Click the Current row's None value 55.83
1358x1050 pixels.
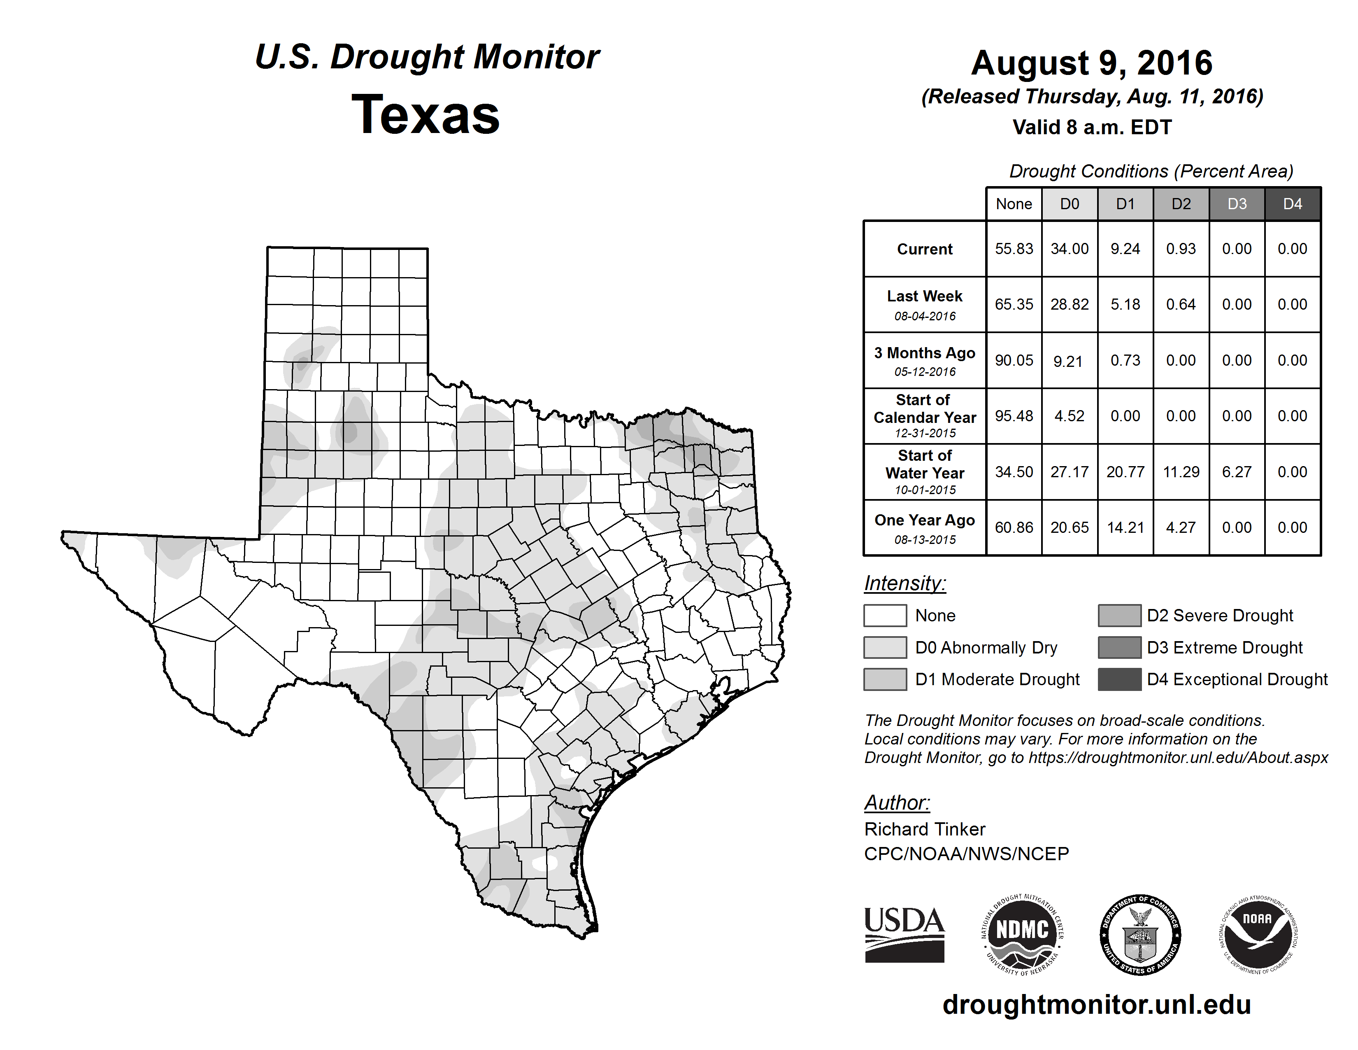point(1014,249)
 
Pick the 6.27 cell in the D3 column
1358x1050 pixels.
point(1236,472)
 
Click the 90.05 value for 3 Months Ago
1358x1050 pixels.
point(1014,361)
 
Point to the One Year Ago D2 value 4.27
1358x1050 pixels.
point(1181,527)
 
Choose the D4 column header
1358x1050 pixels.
point(1292,204)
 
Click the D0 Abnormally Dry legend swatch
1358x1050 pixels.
point(885,647)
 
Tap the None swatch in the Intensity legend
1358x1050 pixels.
point(885,615)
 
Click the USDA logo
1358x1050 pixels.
point(904,934)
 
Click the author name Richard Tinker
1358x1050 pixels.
point(925,829)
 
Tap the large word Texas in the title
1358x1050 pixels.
point(426,114)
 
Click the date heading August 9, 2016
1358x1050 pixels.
point(1091,63)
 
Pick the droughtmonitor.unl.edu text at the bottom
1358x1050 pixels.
point(1096,1005)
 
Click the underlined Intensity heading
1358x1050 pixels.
point(905,583)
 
